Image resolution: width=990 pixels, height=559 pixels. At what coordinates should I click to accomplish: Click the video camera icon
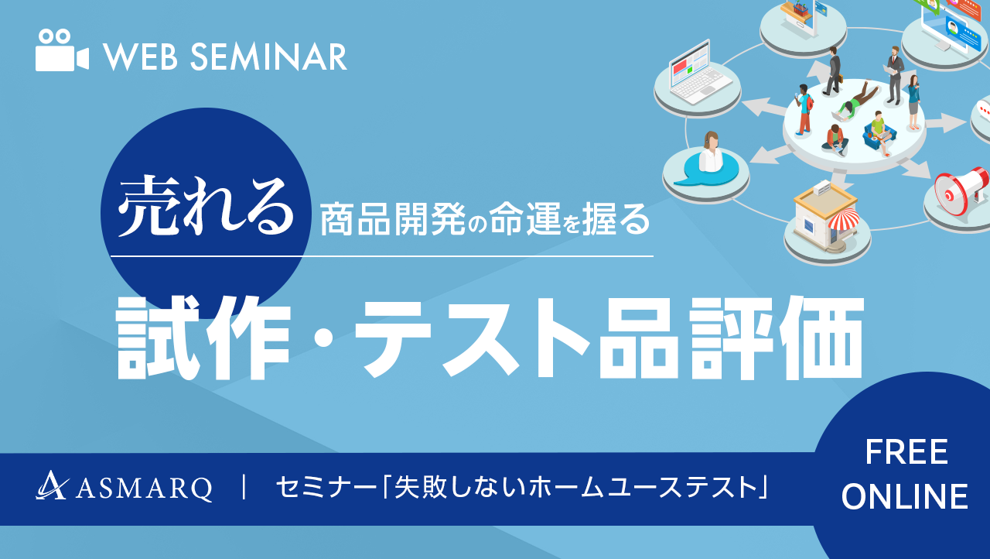(x=62, y=50)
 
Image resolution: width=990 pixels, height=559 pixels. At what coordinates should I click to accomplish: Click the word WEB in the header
(x=141, y=57)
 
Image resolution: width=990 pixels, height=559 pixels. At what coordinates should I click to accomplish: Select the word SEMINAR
(x=268, y=57)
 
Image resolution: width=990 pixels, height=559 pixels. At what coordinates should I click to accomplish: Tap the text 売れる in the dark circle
(x=206, y=206)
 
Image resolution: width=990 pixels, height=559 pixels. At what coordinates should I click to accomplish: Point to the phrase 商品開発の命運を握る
(x=485, y=218)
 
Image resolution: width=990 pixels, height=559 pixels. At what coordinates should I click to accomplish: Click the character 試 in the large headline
(x=159, y=338)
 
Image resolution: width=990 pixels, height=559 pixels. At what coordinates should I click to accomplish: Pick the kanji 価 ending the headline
(x=821, y=338)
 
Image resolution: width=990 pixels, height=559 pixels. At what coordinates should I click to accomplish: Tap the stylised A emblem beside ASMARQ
(x=51, y=485)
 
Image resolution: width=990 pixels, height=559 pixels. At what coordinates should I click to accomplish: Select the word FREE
(x=906, y=452)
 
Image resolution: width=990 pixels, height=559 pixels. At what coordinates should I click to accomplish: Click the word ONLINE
(x=905, y=496)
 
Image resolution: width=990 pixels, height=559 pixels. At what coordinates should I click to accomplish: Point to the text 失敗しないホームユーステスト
(x=576, y=487)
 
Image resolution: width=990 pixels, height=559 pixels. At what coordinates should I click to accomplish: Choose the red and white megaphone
(x=961, y=190)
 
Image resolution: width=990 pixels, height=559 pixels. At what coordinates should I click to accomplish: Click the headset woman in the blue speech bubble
(x=710, y=153)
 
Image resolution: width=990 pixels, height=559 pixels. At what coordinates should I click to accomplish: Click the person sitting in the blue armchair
(x=879, y=132)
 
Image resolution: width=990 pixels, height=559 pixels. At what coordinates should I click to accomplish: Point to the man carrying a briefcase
(x=833, y=70)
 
